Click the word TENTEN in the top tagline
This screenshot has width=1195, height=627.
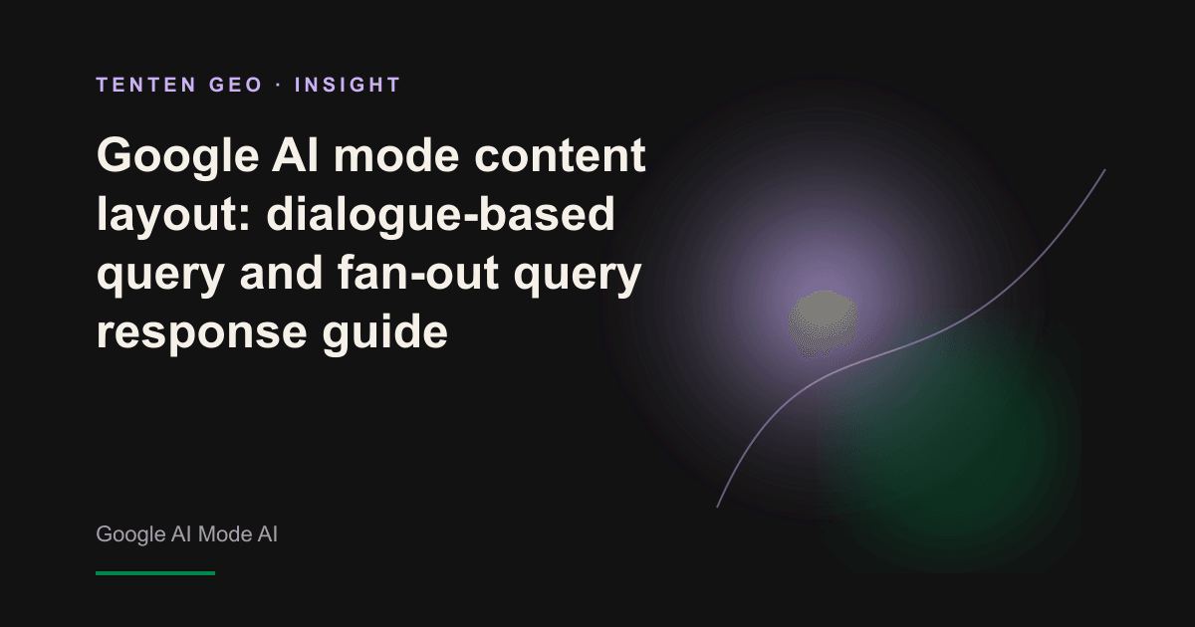pos(146,85)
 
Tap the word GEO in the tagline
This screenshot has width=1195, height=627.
pos(236,85)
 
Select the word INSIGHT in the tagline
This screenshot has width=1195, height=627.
pos(348,85)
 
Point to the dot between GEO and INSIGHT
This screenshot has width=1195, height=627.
pos(279,85)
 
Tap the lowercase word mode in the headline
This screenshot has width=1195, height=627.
pos(396,155)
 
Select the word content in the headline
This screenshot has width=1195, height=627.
pos(560,155)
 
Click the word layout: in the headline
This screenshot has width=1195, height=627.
pos(173,215)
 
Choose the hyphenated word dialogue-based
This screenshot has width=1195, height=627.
pos(440,215)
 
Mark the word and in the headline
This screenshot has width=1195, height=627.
pos(281,272)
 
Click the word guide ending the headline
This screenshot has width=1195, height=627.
pos(384,332)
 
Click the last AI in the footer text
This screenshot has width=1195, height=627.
pos(268,533)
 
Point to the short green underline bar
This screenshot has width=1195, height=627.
pos(155,573)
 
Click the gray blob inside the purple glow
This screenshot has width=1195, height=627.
pos(824,323)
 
